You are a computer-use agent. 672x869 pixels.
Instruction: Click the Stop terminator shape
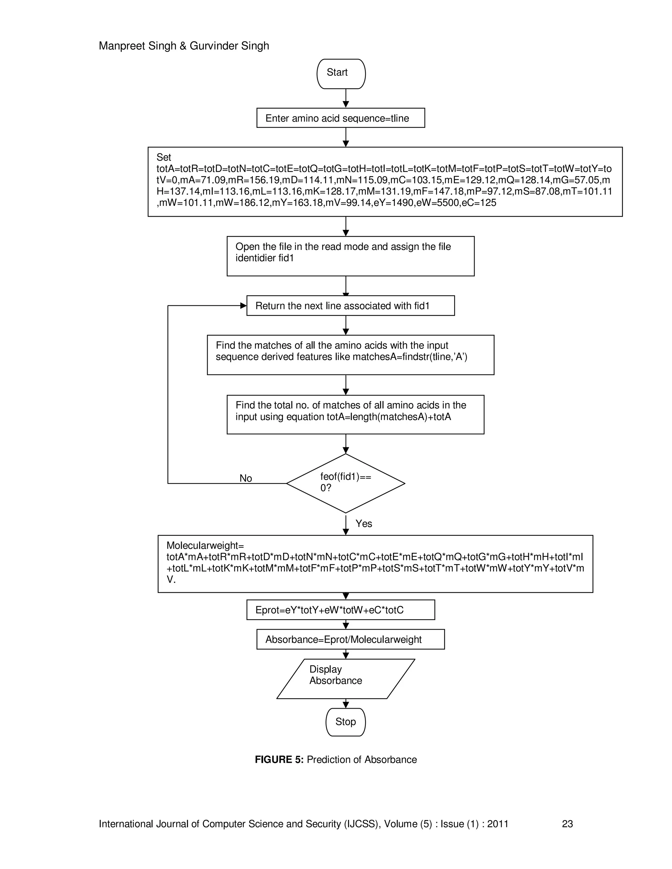(345, 722)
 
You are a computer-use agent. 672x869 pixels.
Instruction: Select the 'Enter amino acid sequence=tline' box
(340, 118)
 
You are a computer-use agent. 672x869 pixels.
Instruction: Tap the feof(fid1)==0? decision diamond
(346, 483)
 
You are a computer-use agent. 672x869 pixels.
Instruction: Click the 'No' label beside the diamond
(246, 478)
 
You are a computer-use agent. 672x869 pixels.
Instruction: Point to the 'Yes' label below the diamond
(364, 524)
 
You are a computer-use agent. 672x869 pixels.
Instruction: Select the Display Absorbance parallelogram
(345, 679)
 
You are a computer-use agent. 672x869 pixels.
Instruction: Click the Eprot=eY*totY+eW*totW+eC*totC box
(340, 610)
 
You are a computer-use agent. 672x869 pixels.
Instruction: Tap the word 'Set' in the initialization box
(164, 157)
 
